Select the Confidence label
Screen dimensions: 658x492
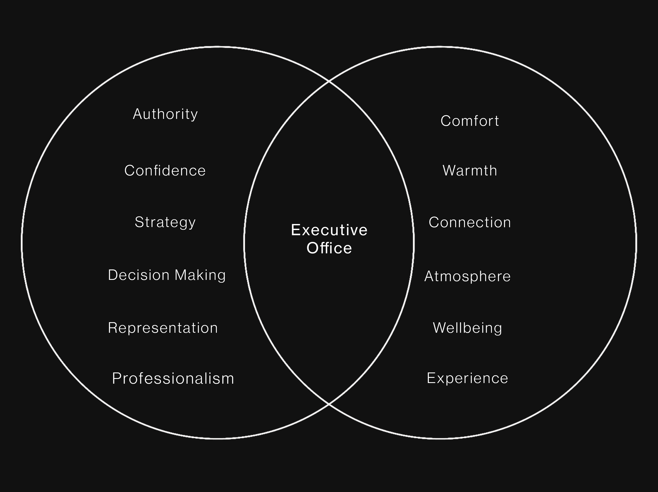tap(165, 170)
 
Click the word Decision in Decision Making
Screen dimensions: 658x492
tap(139, 275)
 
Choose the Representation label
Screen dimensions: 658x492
tap(163, 328)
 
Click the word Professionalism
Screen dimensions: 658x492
tap(173, 378)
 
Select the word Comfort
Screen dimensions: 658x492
tap(470, 121)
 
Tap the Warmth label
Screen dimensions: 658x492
tap(470, 170)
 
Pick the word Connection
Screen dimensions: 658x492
tap(470, 222)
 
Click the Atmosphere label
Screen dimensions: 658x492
tap(467, 276)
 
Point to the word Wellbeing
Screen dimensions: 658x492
tap(467, 328)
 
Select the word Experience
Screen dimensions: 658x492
tap(467, 378)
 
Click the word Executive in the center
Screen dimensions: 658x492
tap(329, 230)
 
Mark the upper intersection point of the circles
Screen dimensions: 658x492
tap(329, 81)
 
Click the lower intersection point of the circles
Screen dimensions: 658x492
tap(329, 404)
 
